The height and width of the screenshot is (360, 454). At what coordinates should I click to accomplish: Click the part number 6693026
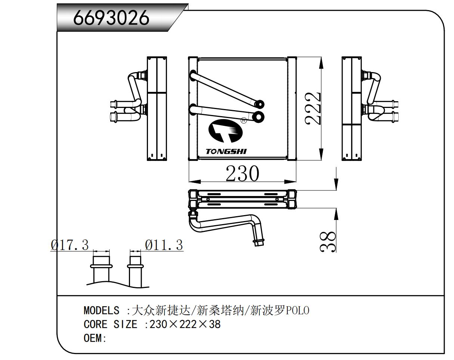coord(111,18)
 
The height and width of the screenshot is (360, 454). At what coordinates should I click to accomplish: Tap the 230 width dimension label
coord(242,174)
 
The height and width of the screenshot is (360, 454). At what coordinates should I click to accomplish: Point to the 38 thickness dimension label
coord(328,242)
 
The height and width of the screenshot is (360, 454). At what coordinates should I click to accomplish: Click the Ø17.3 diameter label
coord(70,245)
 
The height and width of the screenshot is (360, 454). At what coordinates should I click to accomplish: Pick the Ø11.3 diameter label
coord(164,245)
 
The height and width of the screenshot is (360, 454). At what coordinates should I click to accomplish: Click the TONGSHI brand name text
coord(226,152)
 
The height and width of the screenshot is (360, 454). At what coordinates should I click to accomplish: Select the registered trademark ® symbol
coord(244,120)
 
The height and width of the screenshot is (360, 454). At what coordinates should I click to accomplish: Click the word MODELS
coord(101,310)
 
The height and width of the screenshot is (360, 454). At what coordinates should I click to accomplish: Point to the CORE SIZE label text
coord(110,324)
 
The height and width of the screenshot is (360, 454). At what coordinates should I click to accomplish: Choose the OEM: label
coord(95,338)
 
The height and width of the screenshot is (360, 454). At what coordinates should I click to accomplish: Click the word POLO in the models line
coord(297,310)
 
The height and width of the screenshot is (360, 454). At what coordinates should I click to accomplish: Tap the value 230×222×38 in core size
coord(185,324)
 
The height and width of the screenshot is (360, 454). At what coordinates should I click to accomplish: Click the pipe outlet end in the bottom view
coord(259,242)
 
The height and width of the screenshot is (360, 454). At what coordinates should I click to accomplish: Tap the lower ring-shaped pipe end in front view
coord(259,117)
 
